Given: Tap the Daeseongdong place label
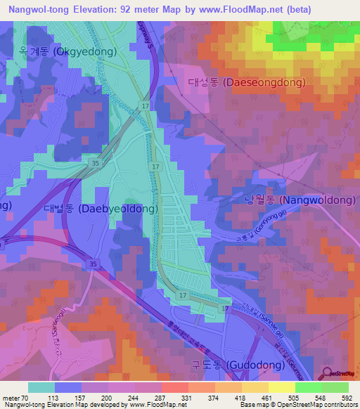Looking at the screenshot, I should click(247, 82).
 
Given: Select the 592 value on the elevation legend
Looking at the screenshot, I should click(345, 397).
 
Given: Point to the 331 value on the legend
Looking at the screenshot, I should click(186, 397).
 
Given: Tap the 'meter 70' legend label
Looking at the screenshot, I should click(16, 397).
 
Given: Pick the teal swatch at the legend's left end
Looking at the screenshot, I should click(41, 387).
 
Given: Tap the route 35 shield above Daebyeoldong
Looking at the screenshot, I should click(95, 163).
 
